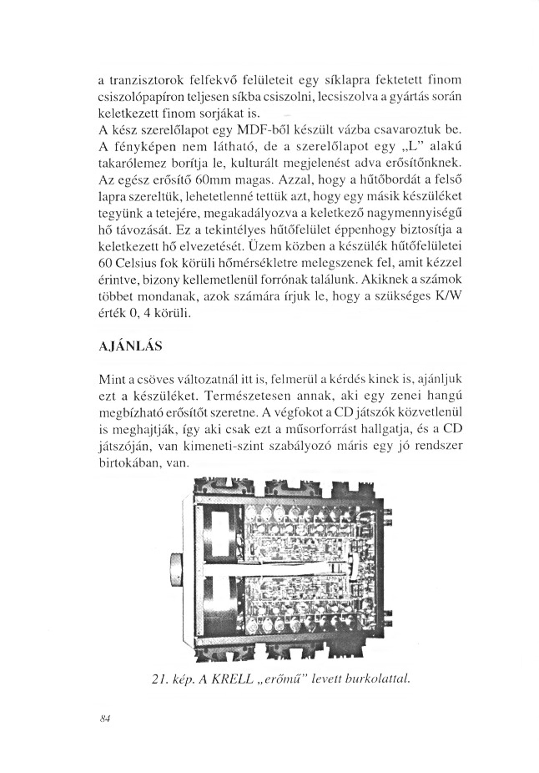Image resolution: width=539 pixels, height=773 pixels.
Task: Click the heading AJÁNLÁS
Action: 130,346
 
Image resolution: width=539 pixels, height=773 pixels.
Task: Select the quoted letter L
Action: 406,147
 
